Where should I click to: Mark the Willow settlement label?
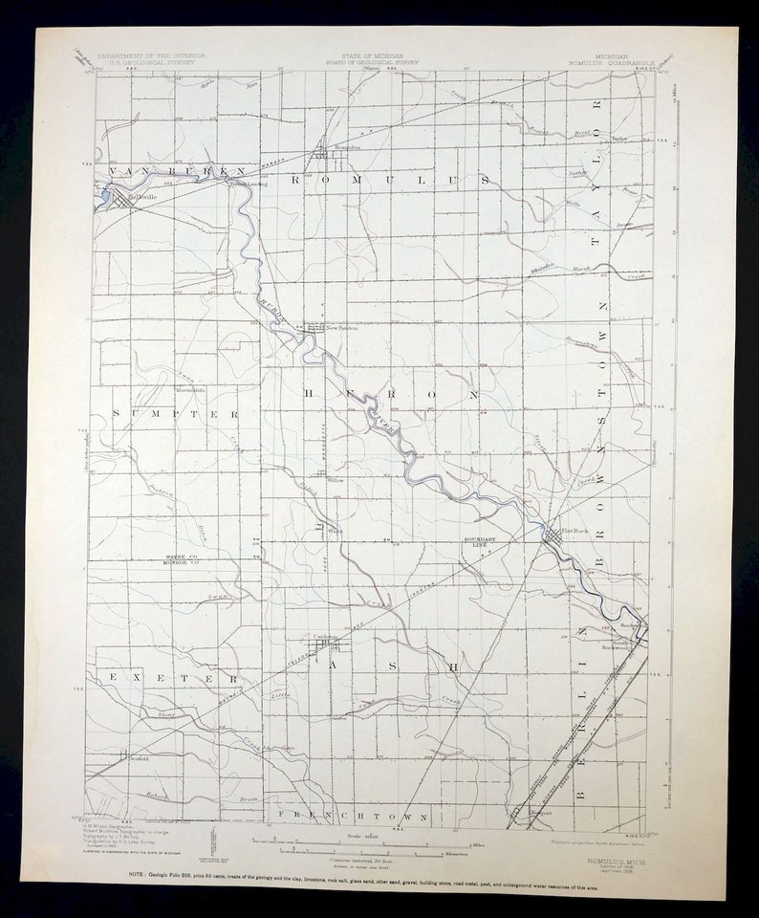[336, 480]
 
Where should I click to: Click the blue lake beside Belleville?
[104, 199]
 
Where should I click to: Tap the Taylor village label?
[619, 139]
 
